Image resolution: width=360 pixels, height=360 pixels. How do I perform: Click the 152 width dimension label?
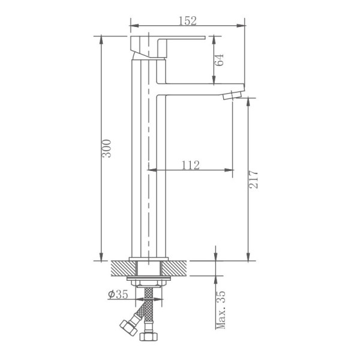188,20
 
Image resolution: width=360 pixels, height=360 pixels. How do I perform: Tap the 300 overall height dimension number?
107,148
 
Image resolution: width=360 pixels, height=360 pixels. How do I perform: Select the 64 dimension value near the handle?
219,59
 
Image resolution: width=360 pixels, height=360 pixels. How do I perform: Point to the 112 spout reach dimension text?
191,165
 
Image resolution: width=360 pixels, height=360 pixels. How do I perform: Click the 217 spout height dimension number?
253,179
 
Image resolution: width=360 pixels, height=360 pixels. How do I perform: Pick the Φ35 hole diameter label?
118,294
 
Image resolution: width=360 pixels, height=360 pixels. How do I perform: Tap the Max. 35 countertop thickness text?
221,310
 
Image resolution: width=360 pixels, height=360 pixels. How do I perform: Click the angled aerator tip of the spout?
232,95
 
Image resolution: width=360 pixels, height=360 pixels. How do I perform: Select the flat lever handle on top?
167,47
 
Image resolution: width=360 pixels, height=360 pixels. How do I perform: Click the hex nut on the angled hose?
129,327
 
